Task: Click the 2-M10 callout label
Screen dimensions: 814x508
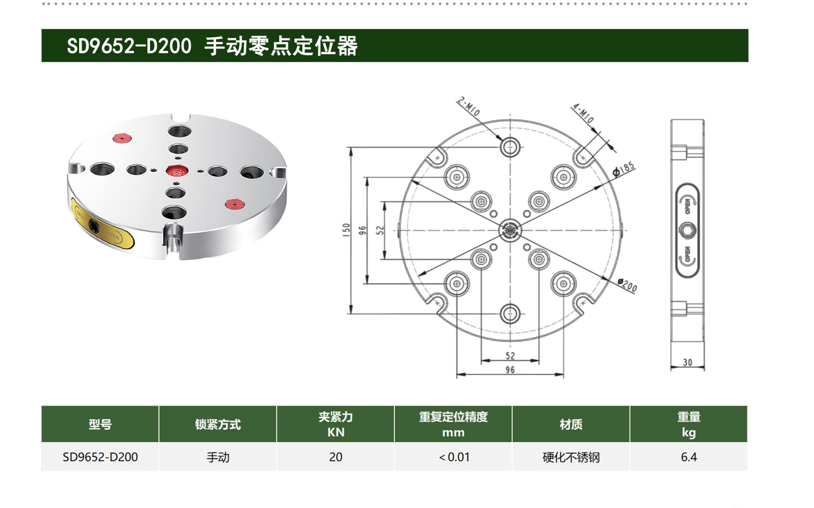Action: pyautogui.click(x=468, y=106)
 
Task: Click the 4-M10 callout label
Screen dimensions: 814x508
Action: pyautogui.click(x=583, y=113)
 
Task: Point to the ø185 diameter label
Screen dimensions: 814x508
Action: pyautogui.click(x=624, y=169)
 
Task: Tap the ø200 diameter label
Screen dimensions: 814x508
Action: pyautogui.click(x=627, y=285)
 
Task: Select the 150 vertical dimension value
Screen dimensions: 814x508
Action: pyautogui.click(x=346, y=230)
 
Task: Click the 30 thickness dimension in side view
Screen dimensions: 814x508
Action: pyautogui.click(x=687, y=362)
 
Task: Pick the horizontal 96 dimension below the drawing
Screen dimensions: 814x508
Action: pyautogui.click(x=510, y=370)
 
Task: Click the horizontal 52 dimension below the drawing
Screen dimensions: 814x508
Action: pyautogui.click(x=510, y=355)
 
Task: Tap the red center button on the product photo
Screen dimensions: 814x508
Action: pyautogui.click(x=176, y=171)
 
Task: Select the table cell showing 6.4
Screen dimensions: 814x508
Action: pyautogui.click(x=689, y=457)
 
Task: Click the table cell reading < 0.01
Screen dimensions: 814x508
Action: pyautogui.click(x=453, y=457)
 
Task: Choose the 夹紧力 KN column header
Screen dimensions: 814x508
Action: pyautogui.click(x=336, y=424)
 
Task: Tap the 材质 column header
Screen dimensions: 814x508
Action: pyautogui.click(x=571, y=424)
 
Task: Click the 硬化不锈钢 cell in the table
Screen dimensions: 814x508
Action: pyautogui.click(x=571, y=457)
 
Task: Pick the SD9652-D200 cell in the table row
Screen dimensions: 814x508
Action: pyautogui.click(x=100, y=457)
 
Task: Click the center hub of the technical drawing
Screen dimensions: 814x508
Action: pyautogui.click(x=510, y=231)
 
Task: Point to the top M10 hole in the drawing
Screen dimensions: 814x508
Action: pyautogui.click(x=510, y=147)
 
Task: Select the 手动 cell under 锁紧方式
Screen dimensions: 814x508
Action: pyautogui.click(x=218, y=457)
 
